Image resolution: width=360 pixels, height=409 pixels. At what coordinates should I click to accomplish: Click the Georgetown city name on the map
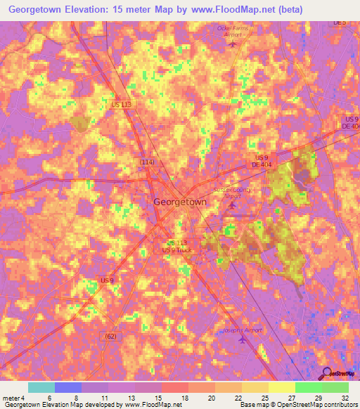click(x=180, y=202)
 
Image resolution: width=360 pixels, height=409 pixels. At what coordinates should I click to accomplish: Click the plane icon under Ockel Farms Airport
click(x=233, y=44)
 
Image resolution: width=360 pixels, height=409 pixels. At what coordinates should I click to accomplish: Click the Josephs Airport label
click(x=242, y=329)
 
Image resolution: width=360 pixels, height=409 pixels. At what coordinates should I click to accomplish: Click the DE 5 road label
click(x=340, y=23)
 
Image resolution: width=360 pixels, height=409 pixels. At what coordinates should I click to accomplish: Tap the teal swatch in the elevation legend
click(x=41, y=387)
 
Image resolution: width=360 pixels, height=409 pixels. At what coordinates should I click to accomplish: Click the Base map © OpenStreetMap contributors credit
click(x=298, y=405)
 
